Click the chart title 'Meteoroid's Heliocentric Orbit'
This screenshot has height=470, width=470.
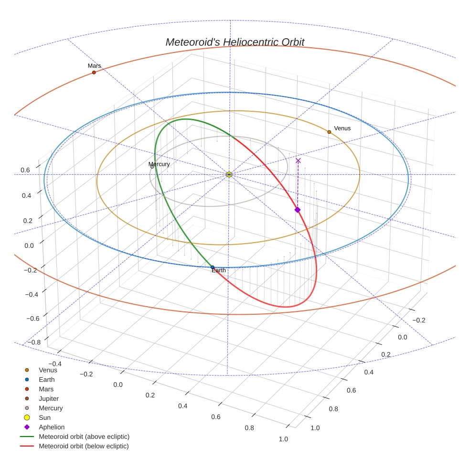pyautogui.click(x=235, y=42)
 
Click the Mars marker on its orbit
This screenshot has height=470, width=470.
pyautogui.click(x=94, y=72)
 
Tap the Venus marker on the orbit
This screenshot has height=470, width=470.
pyautogui.click(x=329, y=132)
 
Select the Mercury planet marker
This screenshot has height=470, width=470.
pyautogui.click(x=152, y=167)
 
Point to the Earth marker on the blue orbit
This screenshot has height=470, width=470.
pyautogui.click(x=213, y=267)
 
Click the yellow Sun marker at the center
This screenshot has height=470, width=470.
pyautogui.click(x=229, y=174)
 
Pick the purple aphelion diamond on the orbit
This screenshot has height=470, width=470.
pyautogui.click(x=297, y=210)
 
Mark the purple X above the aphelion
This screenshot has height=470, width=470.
pyautogui.click(x=298, y=161)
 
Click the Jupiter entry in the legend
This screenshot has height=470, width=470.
pyautogui.click(x=49, y=398)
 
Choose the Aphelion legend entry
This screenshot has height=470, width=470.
pyautogui.click(x=52, y=427)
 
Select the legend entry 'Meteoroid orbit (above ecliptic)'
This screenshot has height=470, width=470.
pyautogui.click(x=84, y=437)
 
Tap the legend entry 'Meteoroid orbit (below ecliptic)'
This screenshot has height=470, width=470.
pyautogui.click(x=84, y=446)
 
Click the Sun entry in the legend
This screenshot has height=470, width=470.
pyautogui.click(x=44, y=417)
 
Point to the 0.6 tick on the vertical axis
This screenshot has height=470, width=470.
pyautogui.click(x=25, y=170)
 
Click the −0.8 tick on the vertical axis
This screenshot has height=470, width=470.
pyautogui.click(x=32, y=342)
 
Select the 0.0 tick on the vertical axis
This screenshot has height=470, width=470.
pyautogui.click(x=29, y=246)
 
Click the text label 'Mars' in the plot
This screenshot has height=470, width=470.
pyautogui.click(x=94, y=65)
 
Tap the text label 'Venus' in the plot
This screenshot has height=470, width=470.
pyautogui.click(x=342, y=128)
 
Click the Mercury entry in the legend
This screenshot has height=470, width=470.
pyautogui.click(x=51, y=408)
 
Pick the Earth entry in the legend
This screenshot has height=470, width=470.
pyautogui.click(x=47, y=379)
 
